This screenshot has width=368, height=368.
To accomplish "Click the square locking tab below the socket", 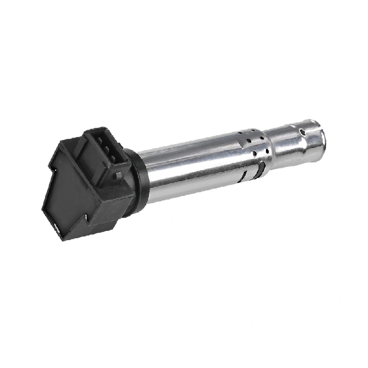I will [x=119, y=175].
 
